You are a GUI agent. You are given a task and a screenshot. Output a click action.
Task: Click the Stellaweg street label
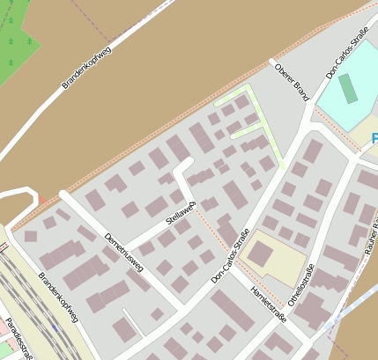point(180,215)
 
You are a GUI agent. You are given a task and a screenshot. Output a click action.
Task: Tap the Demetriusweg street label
point(122,252)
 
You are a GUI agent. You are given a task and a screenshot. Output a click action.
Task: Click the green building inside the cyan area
point(349,89)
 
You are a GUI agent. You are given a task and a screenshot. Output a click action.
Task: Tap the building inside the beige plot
point(260,253)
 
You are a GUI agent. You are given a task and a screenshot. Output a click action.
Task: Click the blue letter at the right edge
point(374,138)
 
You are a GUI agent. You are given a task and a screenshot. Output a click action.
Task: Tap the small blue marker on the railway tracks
point(55,327)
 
